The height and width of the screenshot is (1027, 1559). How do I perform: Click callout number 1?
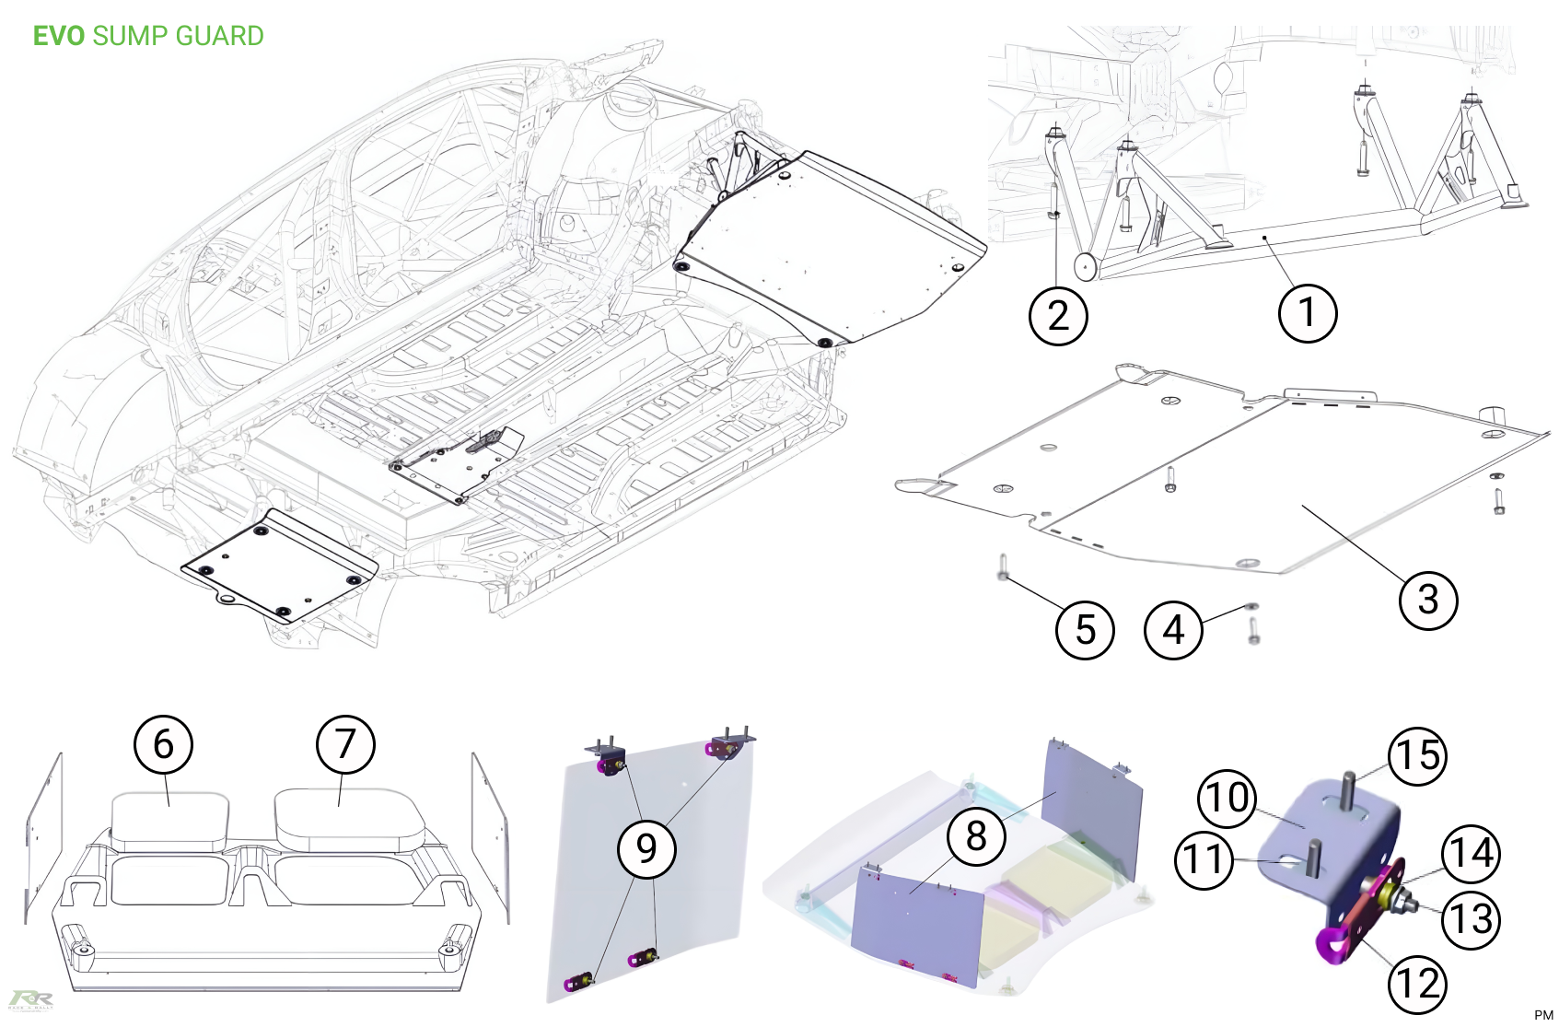point(1308,313)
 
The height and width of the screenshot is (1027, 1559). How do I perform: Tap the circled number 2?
point(1058,316)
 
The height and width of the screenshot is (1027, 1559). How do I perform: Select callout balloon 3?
point(1427,600)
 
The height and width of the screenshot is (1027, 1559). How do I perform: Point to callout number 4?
point(1173,630)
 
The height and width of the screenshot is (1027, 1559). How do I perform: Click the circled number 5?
point(1085,630)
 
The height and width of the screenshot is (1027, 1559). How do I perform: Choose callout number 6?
point(163,744)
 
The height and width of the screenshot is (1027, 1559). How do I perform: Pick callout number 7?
point(345,744)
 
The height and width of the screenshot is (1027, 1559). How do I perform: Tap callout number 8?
point(976,836)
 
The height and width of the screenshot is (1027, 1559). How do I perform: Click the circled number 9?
point(646,848)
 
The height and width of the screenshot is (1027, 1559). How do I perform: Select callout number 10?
point(1227,798)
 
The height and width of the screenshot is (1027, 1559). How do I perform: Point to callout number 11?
point(1204,859)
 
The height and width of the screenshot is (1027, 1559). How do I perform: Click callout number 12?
point(1417,984)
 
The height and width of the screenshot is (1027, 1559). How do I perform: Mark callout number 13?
point(1472,919)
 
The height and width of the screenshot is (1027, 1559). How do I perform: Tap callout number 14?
point(1471,854)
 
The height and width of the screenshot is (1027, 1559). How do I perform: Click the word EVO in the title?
point(59,36)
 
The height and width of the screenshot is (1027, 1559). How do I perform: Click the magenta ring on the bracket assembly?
point(1330,944)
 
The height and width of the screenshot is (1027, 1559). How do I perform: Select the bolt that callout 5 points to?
point(1003,568)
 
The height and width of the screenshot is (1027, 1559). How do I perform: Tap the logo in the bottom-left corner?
point(31,1000)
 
